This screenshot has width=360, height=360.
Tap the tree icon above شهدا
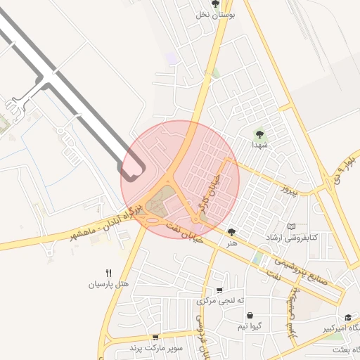coord(260,132)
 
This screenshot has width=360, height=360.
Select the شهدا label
coord(259,143)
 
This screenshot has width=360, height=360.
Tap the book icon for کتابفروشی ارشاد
coord(292,226)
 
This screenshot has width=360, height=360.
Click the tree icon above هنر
coord(231,231)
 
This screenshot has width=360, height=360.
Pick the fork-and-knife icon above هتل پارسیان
coord(108,273)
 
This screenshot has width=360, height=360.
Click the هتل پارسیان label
coord(108,284)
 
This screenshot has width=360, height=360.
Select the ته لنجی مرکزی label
coord(220,300)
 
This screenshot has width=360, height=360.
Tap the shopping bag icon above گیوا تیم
coord(250,316)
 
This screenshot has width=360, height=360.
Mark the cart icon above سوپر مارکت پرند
coord(155,337)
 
